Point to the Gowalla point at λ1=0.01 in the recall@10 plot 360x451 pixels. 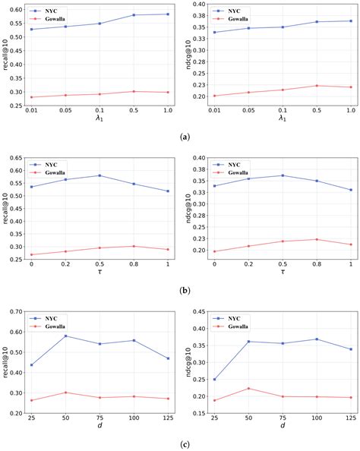(31, 97)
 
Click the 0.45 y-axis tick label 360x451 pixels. (197, 311)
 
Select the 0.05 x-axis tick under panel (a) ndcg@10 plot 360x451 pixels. (246, 111)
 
